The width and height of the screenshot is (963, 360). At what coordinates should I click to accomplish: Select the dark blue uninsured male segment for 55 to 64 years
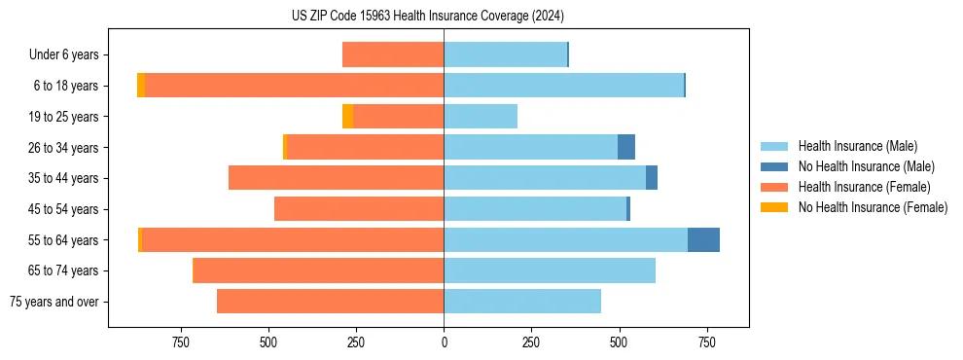[703, 239]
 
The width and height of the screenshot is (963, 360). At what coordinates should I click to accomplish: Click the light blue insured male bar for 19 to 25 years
[481, 117]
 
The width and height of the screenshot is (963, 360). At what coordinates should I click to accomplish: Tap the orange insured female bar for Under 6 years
[393, 55]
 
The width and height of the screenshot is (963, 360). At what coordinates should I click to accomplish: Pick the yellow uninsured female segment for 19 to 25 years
[347, 117]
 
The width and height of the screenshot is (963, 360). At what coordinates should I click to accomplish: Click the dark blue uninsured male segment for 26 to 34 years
[626, 147]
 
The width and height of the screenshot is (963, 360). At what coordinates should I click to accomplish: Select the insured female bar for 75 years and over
[330, 302]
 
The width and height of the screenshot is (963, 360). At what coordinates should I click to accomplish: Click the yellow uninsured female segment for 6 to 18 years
[141, 86]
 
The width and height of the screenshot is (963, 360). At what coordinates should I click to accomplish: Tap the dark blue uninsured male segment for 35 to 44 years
[652, 178]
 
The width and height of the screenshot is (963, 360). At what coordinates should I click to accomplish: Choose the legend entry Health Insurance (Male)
[857, 146]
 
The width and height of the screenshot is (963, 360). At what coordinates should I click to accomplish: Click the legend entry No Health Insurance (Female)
[873, 207]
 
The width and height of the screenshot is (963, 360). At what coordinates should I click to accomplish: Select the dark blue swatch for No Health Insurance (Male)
[774, 166]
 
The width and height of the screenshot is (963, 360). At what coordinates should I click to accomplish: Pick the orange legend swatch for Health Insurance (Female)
[774, 187]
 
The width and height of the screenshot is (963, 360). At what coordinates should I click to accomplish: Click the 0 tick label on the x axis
[445, 342]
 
